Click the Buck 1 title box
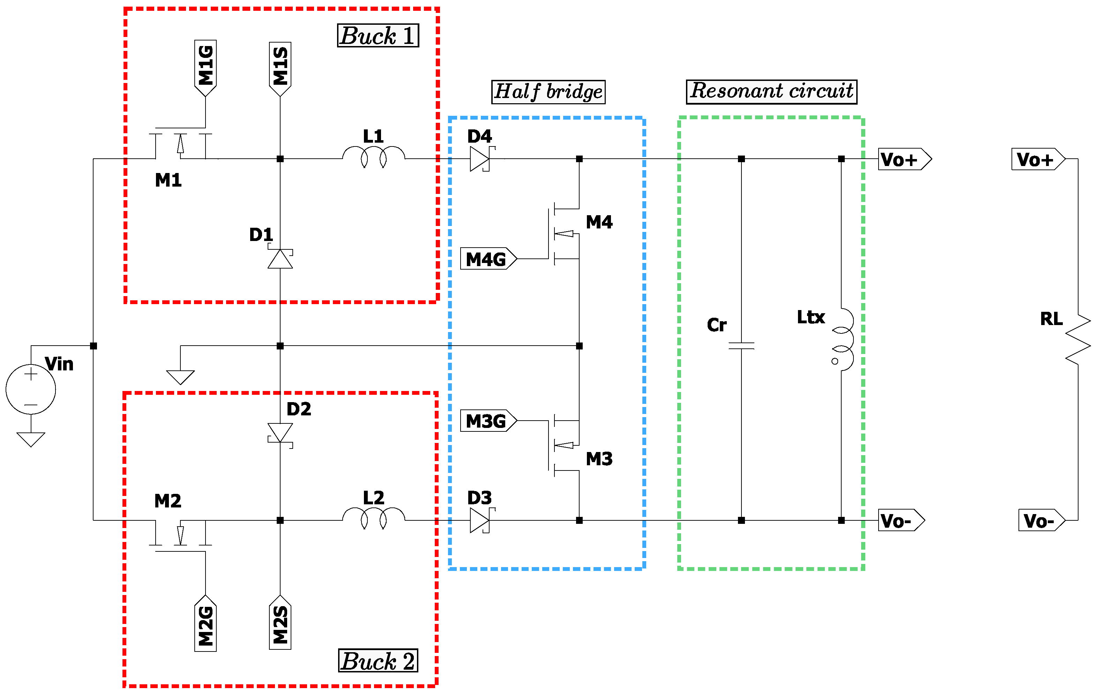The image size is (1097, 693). point(378,36)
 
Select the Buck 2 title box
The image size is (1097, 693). point(378,661)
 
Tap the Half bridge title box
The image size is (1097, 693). point(548,91)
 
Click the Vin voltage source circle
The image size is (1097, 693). point(30,389)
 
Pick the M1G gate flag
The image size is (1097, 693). point(206,67)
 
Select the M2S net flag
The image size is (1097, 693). point(280,623)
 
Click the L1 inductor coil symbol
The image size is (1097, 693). point(374,156)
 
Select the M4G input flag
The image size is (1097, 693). point(488,259)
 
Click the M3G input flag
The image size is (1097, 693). point(488,420)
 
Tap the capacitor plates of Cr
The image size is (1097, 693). point(741,346)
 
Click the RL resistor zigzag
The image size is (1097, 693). point(1078,339)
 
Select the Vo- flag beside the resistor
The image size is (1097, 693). point(1041,520)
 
